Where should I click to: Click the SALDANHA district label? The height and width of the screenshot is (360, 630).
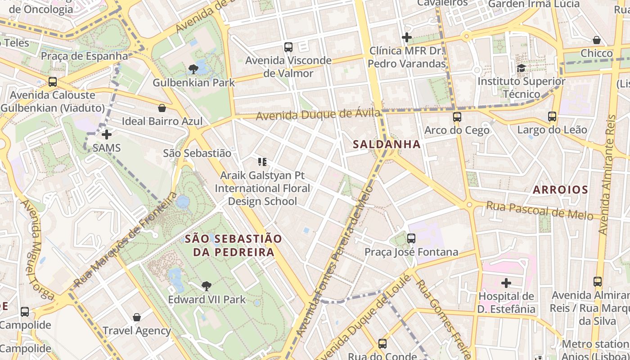pyautogui.click(x=387, y=144)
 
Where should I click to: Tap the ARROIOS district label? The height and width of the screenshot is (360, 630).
pyautogui.click(x=560, y=190)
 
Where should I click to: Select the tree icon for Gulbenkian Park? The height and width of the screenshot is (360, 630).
pyautogui.click(x=193, y=69)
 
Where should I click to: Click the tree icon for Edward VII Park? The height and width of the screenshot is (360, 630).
pyautogui.click(x=207, y=286)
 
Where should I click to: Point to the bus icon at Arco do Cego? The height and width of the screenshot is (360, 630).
pyautogui.click(x=457, y=117)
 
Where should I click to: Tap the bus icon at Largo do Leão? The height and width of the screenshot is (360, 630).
pyautogui.click(x=552, y=117)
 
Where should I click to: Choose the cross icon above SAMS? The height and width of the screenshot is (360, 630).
pyautogui.click(x=107, y=135)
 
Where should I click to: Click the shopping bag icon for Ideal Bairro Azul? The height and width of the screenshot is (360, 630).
pyautogui.click(x=162, y=108)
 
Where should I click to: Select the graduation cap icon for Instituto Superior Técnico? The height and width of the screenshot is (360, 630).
pyautogui.click(x=521, y=68)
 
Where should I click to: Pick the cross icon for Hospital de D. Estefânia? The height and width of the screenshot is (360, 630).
pyautogui.click(x=506, y=283)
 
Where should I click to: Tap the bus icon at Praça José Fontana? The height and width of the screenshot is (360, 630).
pyautogui.click(x=411, y=238)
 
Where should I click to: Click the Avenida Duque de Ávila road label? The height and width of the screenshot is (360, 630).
pyautogui.click(x=318, y=115)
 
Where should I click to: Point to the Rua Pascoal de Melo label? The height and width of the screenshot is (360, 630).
pyautogui.click(x=540, y=210)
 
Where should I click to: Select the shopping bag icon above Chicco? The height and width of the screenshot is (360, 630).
pyautogui.click(x=597, y=40)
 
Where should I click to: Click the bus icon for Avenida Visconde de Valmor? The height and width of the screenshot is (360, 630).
pyautogui.click(x=288, y=47)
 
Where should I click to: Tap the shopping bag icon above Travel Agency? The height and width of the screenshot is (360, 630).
pyautogui.click(x=137, y=317)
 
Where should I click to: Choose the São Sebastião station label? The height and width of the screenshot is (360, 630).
pyautogui.click(x=197, y=153)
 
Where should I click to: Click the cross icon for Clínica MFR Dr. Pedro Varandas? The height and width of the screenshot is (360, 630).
pyautogui.click(x=407, y=37)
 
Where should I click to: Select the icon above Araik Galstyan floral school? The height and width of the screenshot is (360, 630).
pyautogui.click(x=262, y=162)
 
